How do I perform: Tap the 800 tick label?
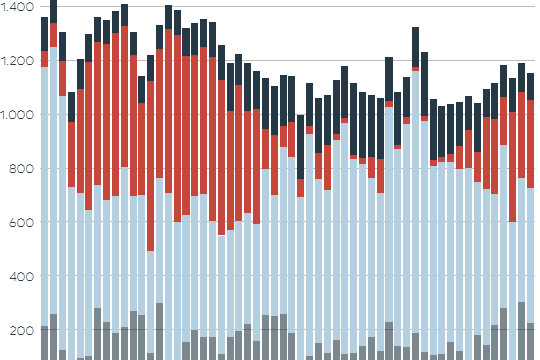click(x=22, y=169)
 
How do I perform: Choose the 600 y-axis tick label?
click(x=22, y=223)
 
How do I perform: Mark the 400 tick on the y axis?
click(x=22, y=277)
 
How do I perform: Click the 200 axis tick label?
click(x=22, y=331)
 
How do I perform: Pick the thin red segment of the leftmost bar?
click(x=44, y=59)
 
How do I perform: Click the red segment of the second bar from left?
click(x=53, y=35)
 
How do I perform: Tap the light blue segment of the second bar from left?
click(x=53, y=180)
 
